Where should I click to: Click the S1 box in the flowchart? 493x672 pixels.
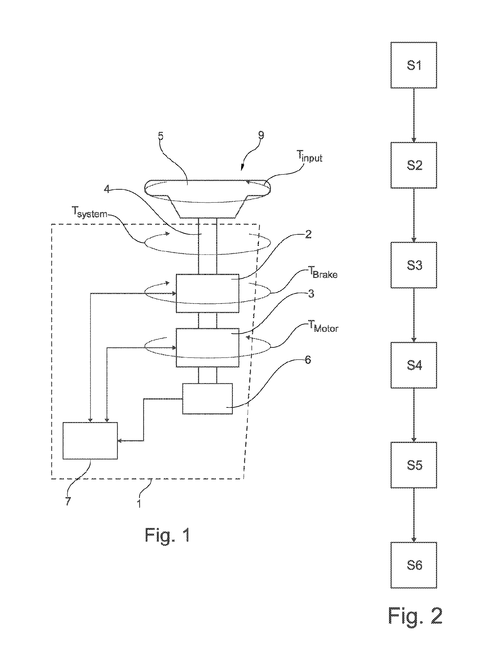point(414,65)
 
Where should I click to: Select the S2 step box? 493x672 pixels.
point(414,165)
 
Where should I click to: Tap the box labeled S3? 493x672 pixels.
point(414,265)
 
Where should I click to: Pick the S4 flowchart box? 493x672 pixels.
point(414,365)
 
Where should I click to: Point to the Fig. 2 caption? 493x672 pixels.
point(415,616)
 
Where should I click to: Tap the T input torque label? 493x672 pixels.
point(310,156)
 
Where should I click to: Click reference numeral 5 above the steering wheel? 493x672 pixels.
point(161,136)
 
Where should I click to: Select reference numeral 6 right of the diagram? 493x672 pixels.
point(308,360)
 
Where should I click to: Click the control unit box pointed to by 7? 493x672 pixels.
point(90,440)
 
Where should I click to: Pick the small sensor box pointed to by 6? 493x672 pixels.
point(207,399)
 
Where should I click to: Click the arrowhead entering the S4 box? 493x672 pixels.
point(414,340)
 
